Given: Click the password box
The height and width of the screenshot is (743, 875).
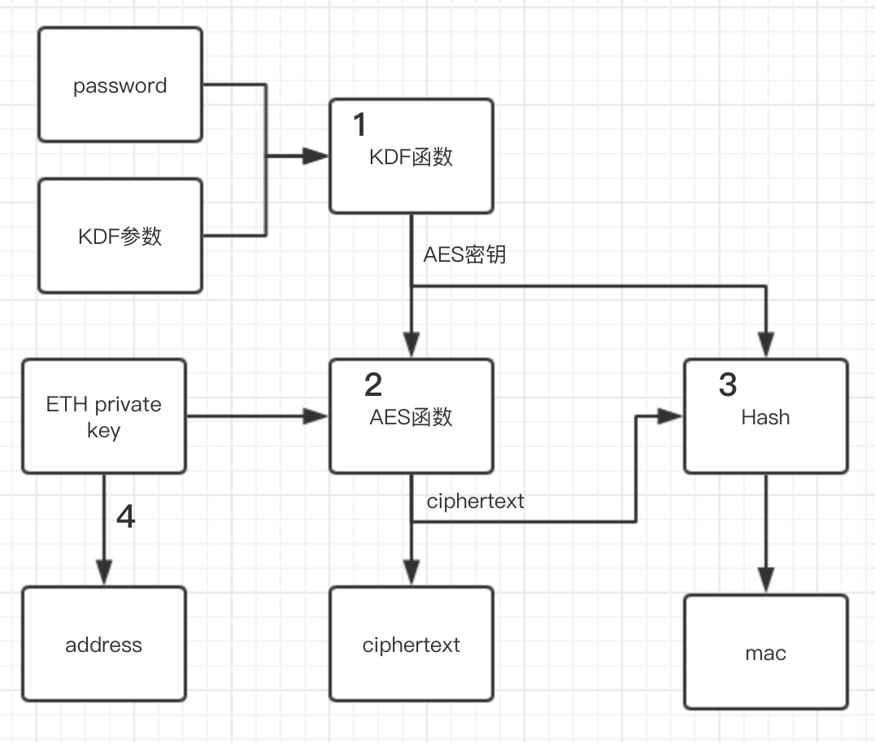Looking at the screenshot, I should click(x=120, y=85).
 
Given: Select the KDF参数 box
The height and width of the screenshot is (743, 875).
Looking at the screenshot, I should click(x=120, y=236).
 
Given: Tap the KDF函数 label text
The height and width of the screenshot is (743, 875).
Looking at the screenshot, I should click(x=411, y=156).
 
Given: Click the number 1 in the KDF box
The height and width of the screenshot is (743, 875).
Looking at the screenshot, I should click(x=359, y=124).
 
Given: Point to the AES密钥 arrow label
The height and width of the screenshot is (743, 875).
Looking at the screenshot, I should click(x=464, y=254).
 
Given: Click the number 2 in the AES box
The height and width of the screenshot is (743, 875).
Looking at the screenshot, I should click(x=372, y=384).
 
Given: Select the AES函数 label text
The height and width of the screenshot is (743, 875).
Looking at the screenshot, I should click(x=411, y=417).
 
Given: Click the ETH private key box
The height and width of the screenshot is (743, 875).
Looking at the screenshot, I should click(x=104, y=416).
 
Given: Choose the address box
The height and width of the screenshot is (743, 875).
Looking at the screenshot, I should click(x=104, y=644).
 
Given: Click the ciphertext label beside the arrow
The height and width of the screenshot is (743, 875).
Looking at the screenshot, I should click(x=475, y=501).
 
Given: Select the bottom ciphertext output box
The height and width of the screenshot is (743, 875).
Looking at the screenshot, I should click(x=411, y=644).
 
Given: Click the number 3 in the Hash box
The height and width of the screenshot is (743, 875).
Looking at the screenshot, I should click(x=728, y=384).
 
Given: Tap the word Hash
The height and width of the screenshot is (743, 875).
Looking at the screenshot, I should click(x=765, y=417).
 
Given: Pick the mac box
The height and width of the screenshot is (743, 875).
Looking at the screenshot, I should click(x=765, y=652).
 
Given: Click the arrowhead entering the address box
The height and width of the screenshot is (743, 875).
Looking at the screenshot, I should click(x=104, y=573).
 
